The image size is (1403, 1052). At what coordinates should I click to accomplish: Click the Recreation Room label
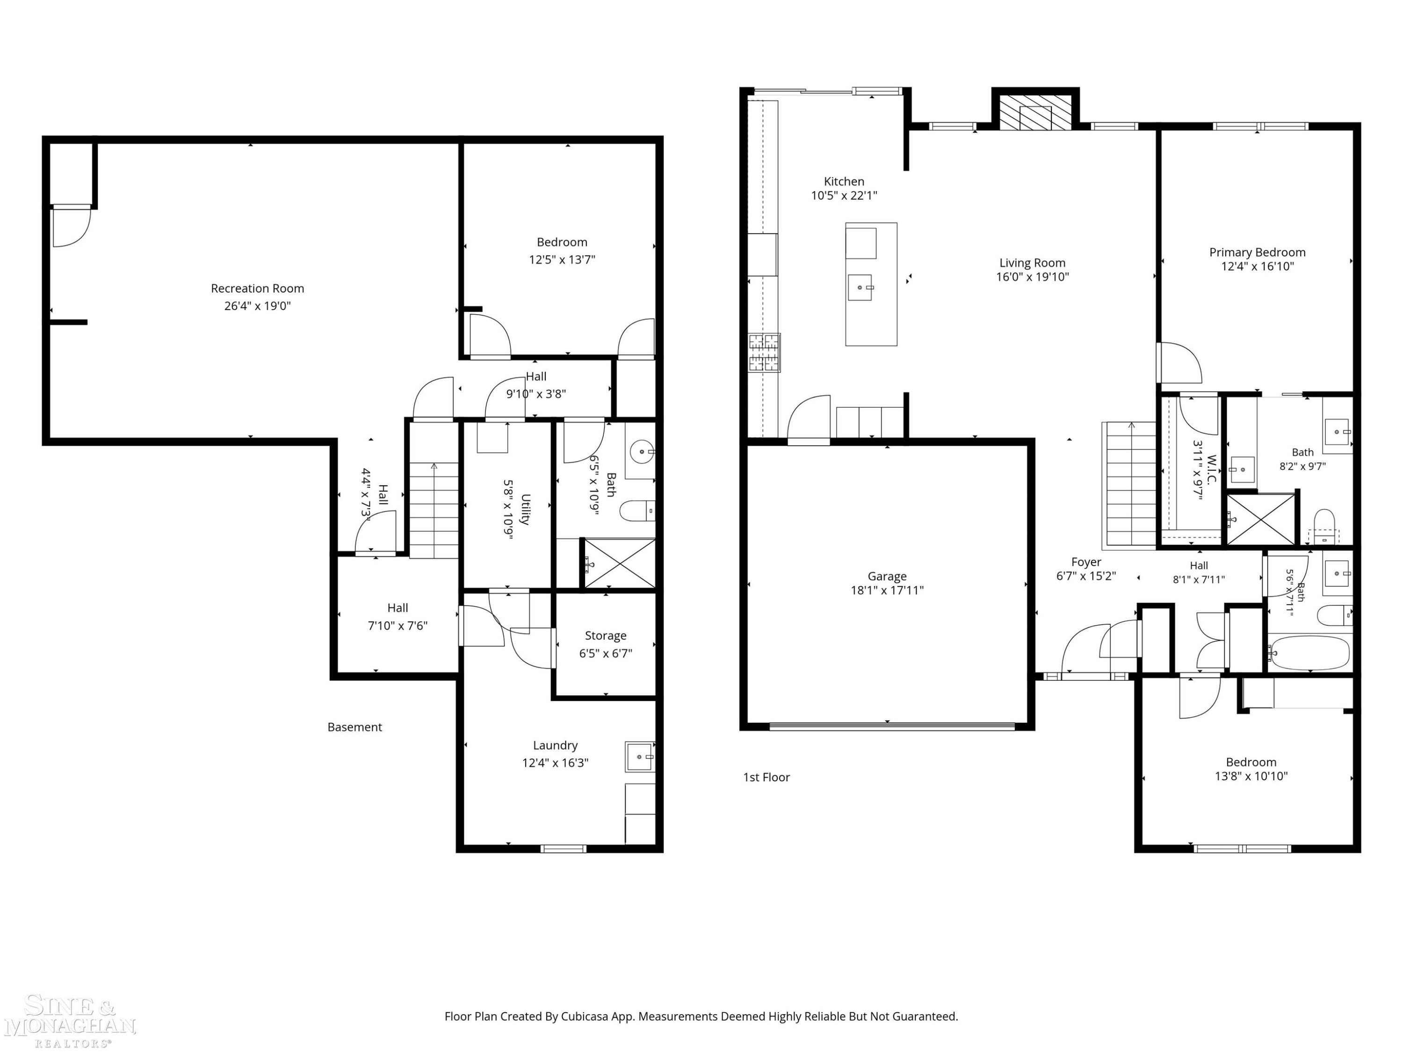[258, 288]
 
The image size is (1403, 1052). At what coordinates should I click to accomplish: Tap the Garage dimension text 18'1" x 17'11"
[887, 591]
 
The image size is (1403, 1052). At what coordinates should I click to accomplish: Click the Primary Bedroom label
[1257, 252]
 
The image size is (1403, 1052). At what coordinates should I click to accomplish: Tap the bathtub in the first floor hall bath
[1309, 653]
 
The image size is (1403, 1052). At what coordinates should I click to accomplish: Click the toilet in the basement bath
[637, 511]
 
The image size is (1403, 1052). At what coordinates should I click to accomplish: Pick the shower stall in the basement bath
[619, 563]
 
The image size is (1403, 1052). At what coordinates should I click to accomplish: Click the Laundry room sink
[640, 757]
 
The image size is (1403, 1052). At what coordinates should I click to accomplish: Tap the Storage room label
[606, 636]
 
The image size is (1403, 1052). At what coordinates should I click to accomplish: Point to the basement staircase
[434, 511]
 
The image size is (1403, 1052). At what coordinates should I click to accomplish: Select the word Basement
[354, 728]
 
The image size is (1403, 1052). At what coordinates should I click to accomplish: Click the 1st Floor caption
[766, 778]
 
